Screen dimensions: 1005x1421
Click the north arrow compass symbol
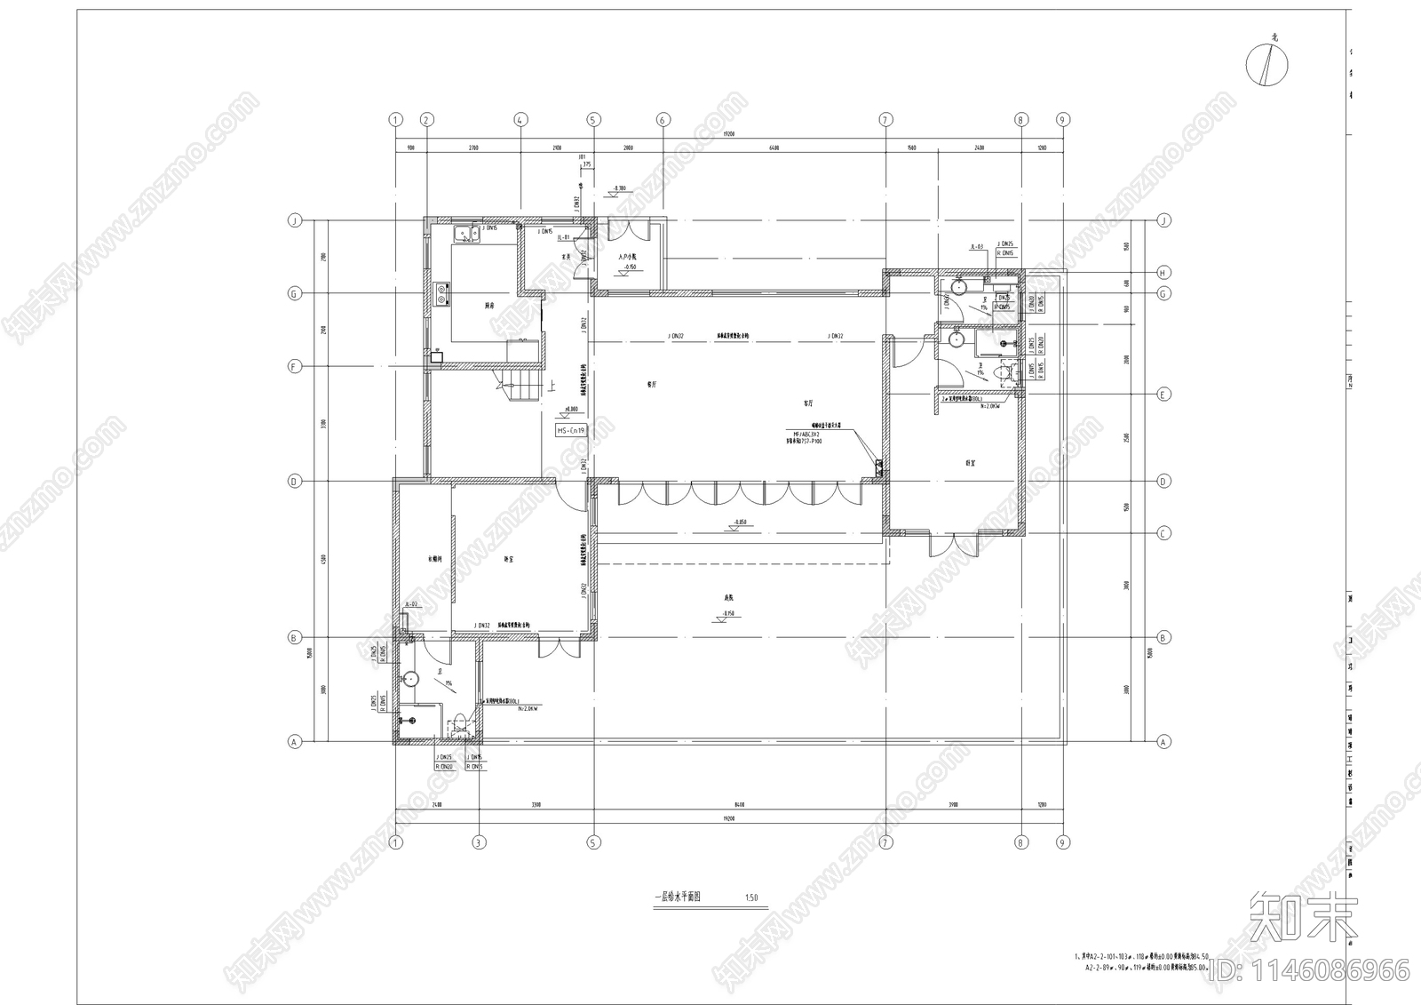(1267, 65)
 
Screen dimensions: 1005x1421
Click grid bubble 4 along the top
(520, 119)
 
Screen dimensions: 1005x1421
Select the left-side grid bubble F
(294, 366)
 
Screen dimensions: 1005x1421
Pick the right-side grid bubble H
(1163, 273)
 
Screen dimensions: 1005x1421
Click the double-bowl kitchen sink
(465, 235)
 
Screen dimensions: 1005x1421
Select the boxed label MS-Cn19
(571, 430)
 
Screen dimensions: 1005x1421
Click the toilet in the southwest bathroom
(459, 723)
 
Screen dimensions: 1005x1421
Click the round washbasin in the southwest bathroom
(409, 680)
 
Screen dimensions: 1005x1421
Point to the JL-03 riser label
(976, 248)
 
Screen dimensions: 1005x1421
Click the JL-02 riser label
(411, 604)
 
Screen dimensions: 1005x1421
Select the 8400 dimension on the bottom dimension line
(739, 805)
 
